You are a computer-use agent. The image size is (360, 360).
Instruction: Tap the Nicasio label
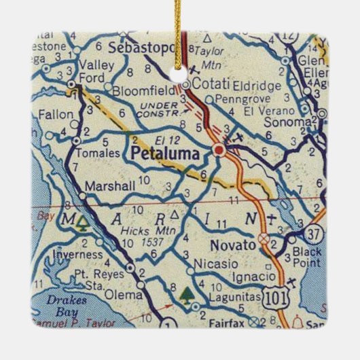tap(209, 262)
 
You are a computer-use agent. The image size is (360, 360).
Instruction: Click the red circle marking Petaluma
tap(219, 150)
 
